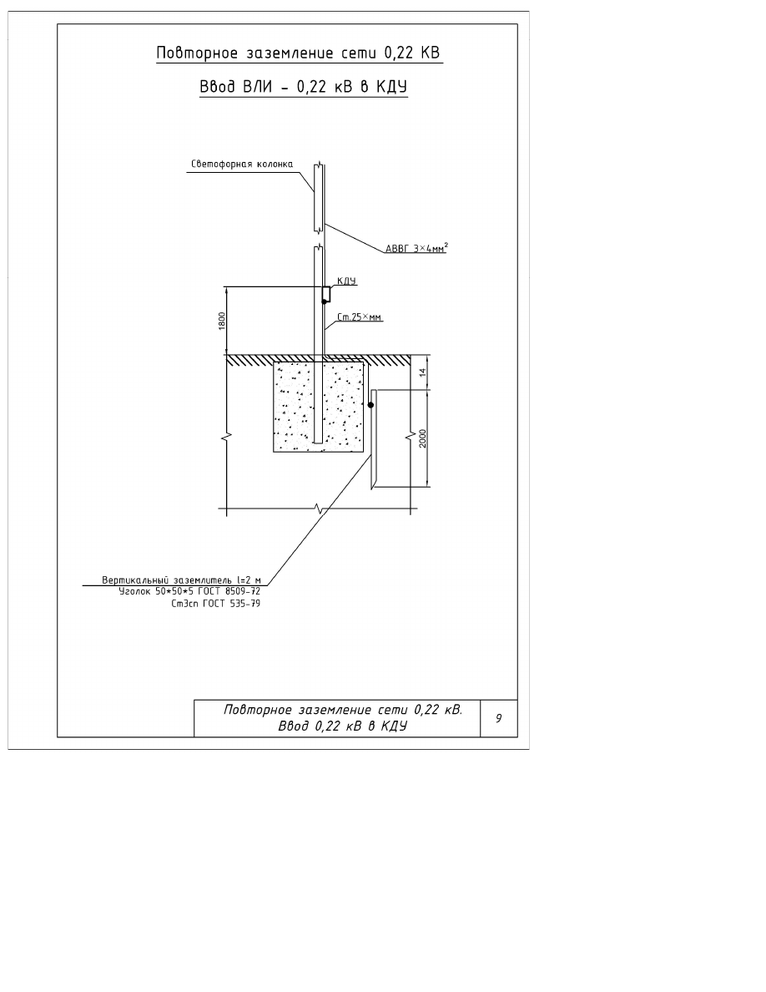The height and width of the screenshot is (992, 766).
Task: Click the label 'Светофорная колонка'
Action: tap(242, 164)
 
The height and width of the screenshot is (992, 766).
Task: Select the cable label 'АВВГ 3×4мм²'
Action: tap(416, 248)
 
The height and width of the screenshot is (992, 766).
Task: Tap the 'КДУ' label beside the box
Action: tap(346, 281)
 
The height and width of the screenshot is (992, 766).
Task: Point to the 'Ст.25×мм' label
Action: tap(359, 317)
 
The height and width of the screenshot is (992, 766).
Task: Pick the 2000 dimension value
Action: tap(423, 438)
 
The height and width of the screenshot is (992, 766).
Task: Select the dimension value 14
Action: tap(423, 372)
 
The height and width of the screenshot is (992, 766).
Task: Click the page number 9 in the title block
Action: tap(499, 718)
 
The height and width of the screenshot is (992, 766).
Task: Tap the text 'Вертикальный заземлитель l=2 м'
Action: tap(182, 580)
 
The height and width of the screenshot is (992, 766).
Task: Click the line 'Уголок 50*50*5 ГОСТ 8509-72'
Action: tap(189, 591)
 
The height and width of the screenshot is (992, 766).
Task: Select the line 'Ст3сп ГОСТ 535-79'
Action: tap(216, 604)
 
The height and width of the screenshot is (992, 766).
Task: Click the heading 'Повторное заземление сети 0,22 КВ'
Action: tap(299, 53)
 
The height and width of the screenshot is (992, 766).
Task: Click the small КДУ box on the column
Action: tap(326, 294)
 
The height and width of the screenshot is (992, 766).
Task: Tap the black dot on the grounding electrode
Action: tap(371, 405)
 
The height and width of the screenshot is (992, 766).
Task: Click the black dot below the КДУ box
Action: tap(325, 301)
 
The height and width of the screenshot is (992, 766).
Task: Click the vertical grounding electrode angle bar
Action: tap(373, 439)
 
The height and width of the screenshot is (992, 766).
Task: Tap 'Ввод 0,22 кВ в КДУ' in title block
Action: tap(343, 726)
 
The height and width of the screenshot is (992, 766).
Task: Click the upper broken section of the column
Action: tap(319, 197)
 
